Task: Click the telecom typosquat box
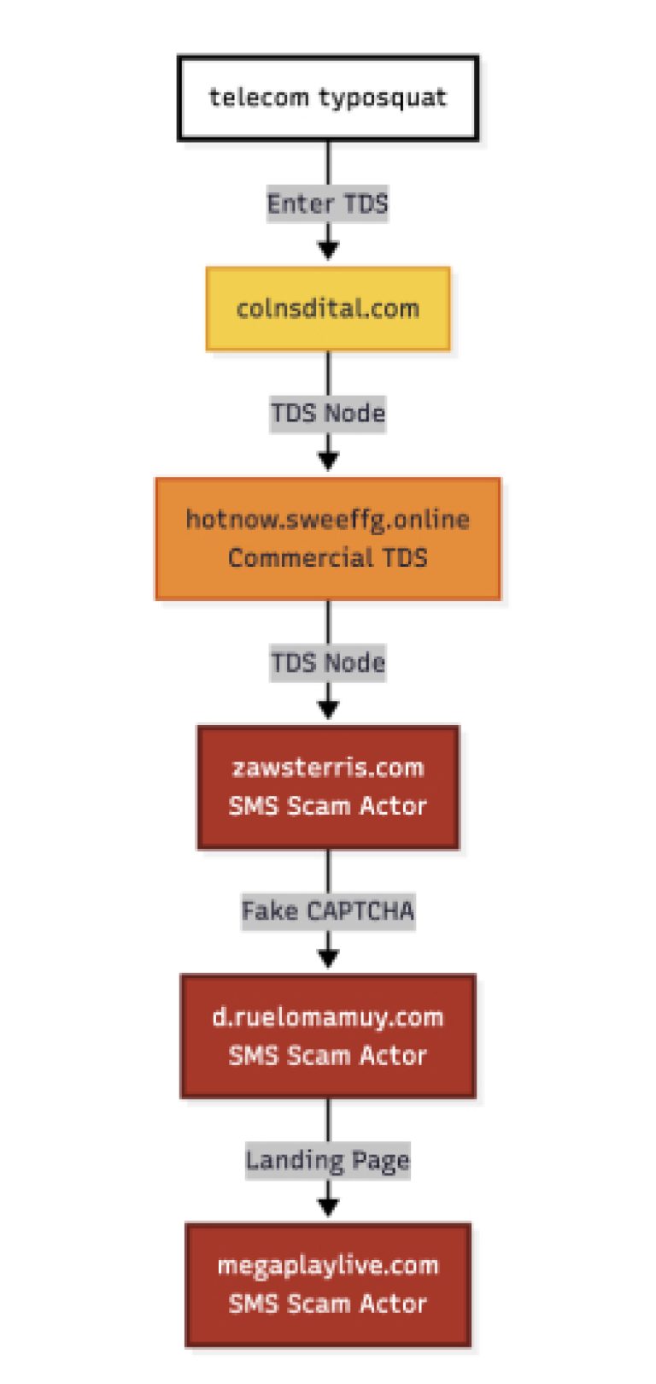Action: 328,98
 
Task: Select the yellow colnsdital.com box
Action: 328,309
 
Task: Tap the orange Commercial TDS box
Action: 328,539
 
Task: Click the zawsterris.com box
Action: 328,787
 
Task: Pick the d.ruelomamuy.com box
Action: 328,1036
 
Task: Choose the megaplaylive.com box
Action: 328,1285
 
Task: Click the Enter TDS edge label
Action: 328,203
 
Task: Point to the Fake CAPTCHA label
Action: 328,911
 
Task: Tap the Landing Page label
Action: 328,1160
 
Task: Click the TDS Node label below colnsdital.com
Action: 328,414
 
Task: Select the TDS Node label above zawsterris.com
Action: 328,663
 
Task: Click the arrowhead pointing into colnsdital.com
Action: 328,250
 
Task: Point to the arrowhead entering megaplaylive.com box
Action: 328,1206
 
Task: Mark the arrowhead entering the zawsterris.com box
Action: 328,709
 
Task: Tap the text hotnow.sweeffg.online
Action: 328,519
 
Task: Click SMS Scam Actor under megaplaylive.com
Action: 328,1304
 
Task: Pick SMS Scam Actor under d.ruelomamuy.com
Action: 328,1055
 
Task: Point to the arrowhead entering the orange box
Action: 328,460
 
